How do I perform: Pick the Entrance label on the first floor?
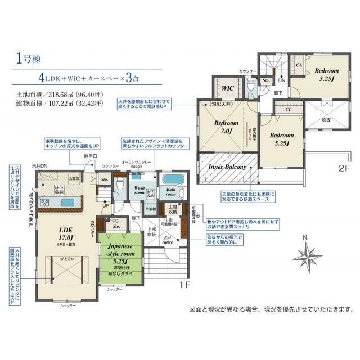169,241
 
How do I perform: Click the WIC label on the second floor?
228,89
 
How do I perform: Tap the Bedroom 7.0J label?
227,127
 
